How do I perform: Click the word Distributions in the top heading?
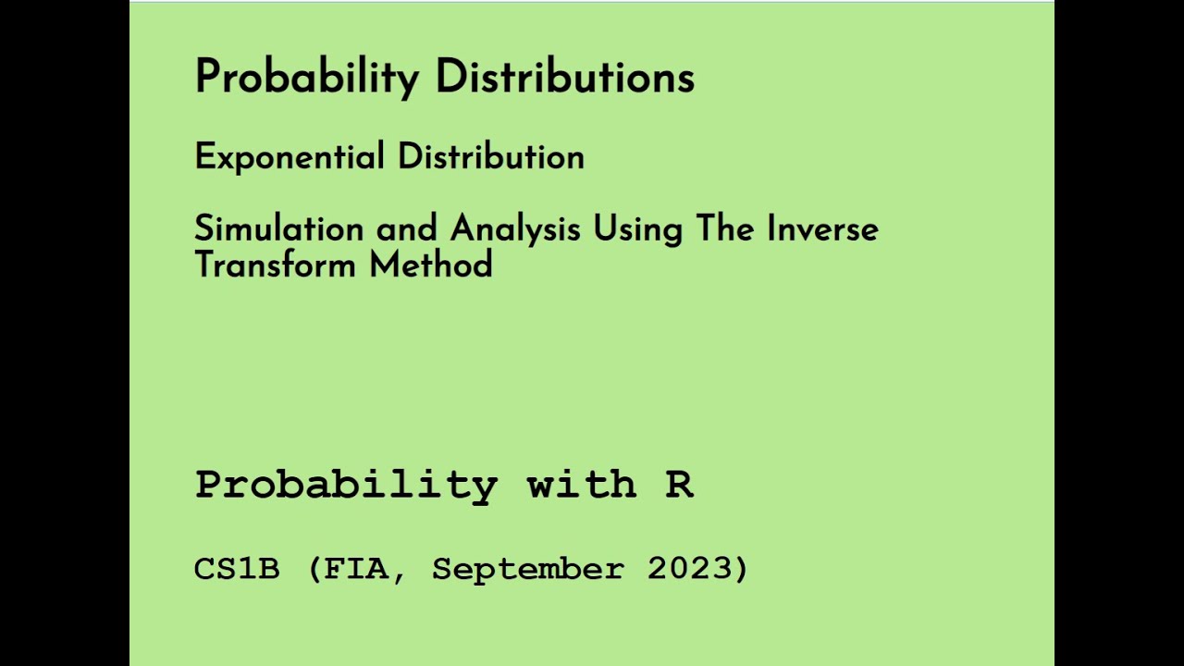[x=564, y=77]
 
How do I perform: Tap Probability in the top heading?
[x=306, y=77]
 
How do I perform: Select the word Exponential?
[x=289, y=157]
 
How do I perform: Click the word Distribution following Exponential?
[x=491, y=157]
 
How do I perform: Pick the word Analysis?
[x=515, y=228]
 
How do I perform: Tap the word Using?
[x=637, y=228]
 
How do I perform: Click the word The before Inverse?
[x=725, y=228]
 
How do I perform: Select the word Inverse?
[x=822, y=228]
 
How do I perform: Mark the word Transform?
[x=275, y=265]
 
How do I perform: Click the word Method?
[x=431, y=265]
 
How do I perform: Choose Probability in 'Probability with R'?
[x=346, y=485]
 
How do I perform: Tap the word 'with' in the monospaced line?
[x=581, y=485]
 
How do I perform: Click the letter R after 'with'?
[x=679, y=485]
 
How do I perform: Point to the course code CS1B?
[x=237, y=569]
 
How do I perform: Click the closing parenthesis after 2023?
[x=740, y=569]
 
